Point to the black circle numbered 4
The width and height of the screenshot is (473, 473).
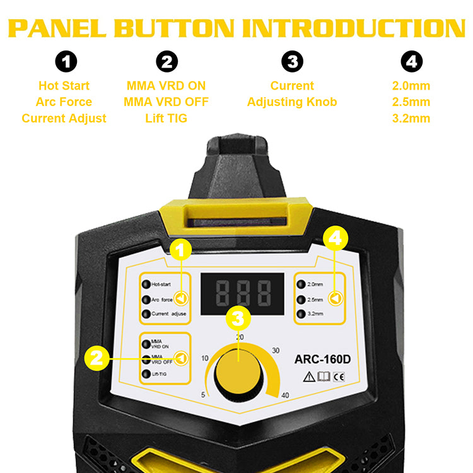(x=411, y=62)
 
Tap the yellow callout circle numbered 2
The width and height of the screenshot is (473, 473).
(x=96, y=359)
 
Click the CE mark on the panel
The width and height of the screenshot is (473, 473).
(x=339, y=378)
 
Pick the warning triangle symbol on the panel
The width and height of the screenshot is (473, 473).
(x=310, y=378)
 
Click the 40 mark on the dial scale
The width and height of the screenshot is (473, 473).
(x=285, y=395)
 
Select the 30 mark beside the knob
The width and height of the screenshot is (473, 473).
(x=276, y=351)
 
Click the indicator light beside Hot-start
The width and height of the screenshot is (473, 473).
(x=146, y=284)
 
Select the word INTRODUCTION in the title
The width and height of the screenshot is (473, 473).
(x=354, y=28)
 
